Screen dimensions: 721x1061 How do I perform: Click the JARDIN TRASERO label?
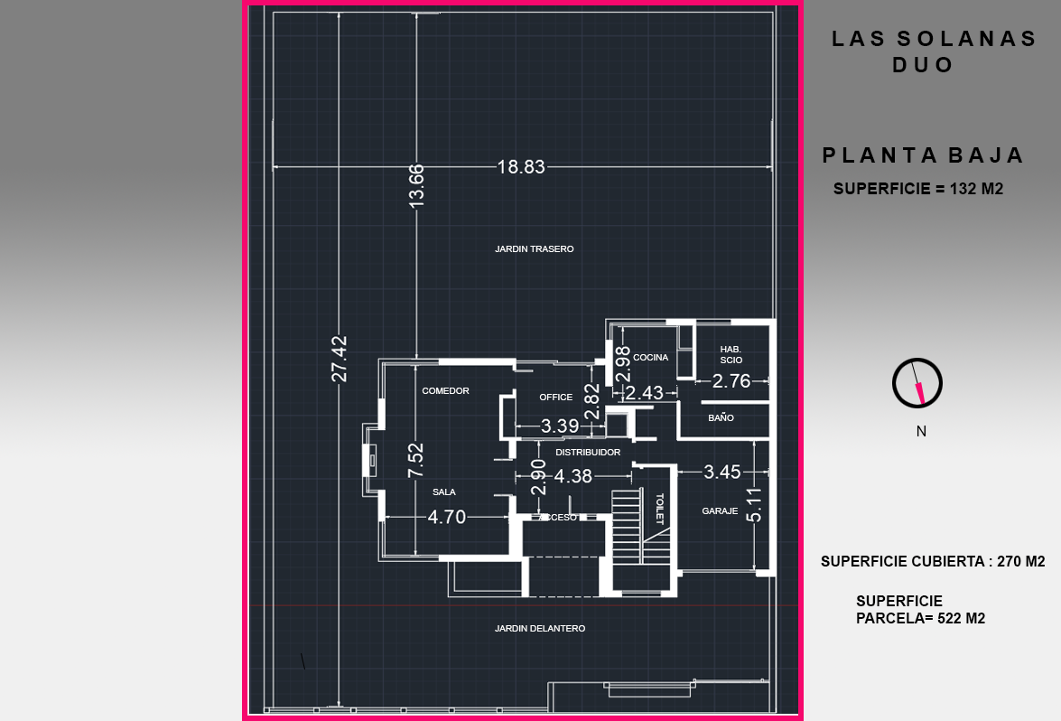pos(534,248)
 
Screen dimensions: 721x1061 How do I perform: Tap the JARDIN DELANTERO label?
pos(540,628)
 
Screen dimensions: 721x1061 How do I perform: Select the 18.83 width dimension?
pos(521,166)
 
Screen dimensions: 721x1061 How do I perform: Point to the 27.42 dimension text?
pos(340,359)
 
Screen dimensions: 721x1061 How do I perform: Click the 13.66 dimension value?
pos(416,186)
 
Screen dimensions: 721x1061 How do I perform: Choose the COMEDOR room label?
pos(445,391)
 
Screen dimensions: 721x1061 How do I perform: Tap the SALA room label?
pos(444,492)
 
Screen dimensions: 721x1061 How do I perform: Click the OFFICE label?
pos(555,398)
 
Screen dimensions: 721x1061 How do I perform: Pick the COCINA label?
pos(650,358)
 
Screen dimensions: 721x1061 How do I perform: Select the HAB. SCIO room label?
pos(731,354)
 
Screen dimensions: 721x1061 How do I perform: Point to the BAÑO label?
pos(721,418)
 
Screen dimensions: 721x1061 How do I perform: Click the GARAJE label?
pos(720,511)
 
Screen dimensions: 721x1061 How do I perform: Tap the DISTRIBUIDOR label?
pos(588,452)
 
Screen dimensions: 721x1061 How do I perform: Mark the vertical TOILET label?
pos(659,508)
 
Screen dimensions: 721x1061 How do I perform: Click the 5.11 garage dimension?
pos(755,504)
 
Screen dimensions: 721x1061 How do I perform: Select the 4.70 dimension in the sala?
pos(447,517)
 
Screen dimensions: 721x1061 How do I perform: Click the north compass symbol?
pos(917,384)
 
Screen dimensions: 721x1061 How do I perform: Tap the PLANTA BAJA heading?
pos(923,155)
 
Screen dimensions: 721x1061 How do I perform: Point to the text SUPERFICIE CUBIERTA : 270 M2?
pos(933,561)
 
